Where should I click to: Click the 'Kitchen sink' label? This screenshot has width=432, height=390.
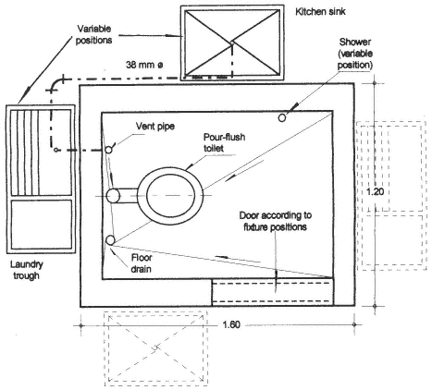pyautogui.click(x=320, y=12)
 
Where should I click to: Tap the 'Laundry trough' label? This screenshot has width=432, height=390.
pyautogui.click(x=27, y=270)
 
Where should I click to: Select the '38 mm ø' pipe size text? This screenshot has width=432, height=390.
pyautogui.click(x=144, y=65)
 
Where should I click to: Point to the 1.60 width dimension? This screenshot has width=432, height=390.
pyautogui.click(x=231, y=324)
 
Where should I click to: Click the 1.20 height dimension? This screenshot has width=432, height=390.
pyautogui.click(x=375, y=191)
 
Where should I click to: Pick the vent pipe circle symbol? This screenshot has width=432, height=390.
pyautogui.click(x=108, y=150)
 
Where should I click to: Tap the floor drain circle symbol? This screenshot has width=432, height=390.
pyautogui.click(x=110, y=240)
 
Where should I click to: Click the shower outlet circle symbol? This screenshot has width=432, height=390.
pyautogui.click(x=282, y=117)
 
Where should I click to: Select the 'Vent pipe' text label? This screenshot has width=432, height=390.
pyautogui.click(x=155, y=126)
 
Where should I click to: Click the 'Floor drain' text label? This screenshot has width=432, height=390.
pyautogui.click(x=142, y=263)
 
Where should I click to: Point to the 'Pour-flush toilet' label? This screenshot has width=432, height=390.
pyautogui.click(x=224, y=142)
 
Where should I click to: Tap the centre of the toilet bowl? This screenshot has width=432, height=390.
pyautogui.click(x=170, y=195)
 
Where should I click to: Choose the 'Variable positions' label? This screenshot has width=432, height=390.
pyautogui.click(x=94, y=34)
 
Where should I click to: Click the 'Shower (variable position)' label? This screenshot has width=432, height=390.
pyautogui.click(x=355, y=54)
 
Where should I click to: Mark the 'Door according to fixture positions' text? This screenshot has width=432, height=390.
pyautogui.click(x=276, y=221)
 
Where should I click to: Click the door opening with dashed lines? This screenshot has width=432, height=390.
pyautogui.click(x=273, y=291)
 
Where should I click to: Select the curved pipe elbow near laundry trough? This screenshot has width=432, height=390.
pyautogui.click(x=56, y=84)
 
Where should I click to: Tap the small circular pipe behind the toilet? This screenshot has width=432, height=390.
pyautogui.click(x=113, y=196)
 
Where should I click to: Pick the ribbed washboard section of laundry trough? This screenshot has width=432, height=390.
pyautogui.click(x=25, y=152)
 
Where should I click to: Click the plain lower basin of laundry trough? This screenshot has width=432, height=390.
pyautogui.click(x=42, y=225)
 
